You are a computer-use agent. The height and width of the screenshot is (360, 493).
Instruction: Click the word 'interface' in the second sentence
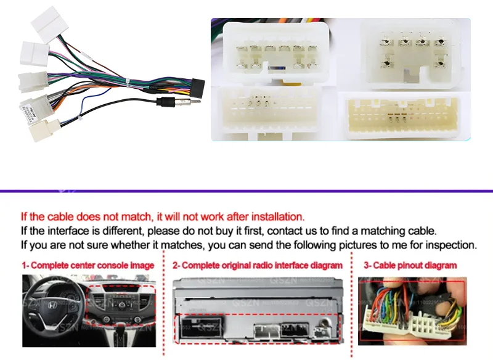click(76, 231)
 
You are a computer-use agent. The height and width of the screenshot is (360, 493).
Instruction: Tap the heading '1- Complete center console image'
click(88, 266)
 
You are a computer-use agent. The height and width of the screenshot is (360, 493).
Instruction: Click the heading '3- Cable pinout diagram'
click(410, 266)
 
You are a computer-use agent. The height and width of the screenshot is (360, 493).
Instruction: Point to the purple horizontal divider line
click(246, 190)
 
